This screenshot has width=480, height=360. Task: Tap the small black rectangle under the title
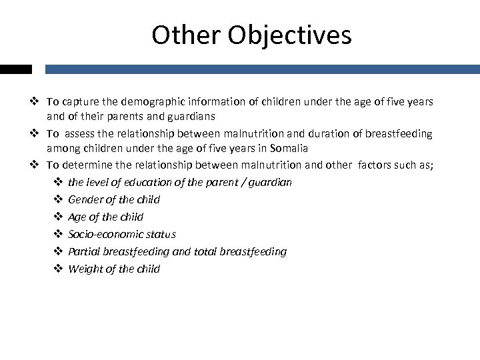pos(15,69)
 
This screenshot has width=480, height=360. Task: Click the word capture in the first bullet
pos(80,102)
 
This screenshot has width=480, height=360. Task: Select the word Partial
pos(84,251)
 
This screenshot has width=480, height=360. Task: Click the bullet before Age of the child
pos(57,217)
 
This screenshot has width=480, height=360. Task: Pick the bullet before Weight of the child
pos(57,269)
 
